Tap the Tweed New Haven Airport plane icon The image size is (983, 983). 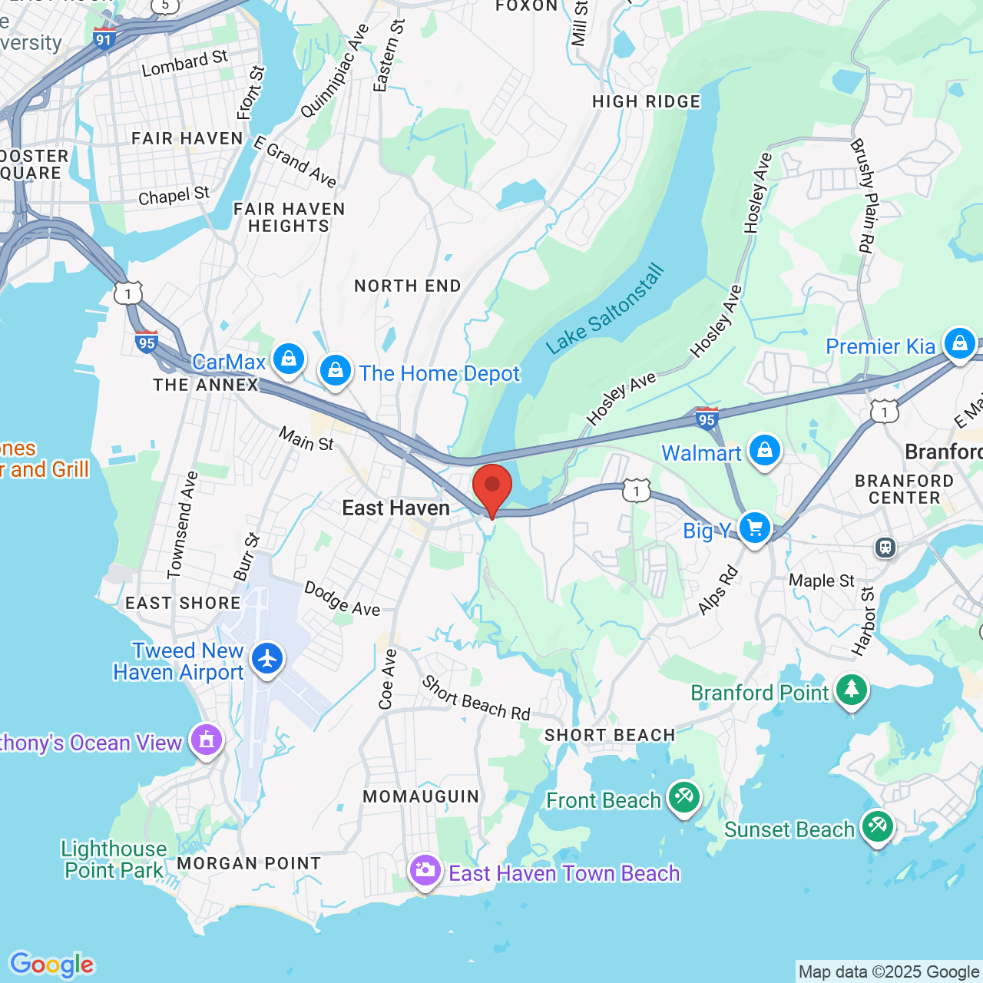(267, 658)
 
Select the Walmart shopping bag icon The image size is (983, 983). (765, 450)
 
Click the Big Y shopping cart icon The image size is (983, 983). (755, 528)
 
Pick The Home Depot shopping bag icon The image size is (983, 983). (336, 371)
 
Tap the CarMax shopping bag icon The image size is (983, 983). (289, 358)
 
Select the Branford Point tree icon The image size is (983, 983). (851, 690)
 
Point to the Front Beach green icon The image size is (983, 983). (683, 797)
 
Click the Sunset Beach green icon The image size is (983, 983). (877, 826)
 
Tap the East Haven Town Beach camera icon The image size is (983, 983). (425, 870)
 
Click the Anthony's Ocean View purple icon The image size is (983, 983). (207, 740)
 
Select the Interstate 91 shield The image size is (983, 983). (104, 38)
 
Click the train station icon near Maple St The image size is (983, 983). (885, 548)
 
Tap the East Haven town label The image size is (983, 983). (396, 508)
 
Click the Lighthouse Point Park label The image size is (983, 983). (114, 859)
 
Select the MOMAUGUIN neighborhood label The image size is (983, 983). (421, 796)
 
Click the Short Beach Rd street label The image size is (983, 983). (476, 698)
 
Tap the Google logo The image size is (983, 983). (51, 965)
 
